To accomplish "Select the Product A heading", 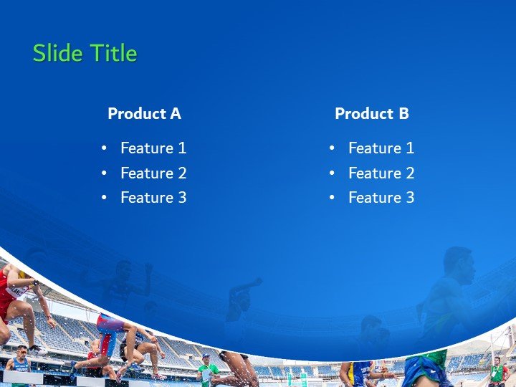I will [x=144, y=113].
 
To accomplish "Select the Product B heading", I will [x=371, y=113].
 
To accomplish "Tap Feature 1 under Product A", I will [x=153, y=148].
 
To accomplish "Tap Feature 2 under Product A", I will [x=153, y=173].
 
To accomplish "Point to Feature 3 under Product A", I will [x=153, y=198].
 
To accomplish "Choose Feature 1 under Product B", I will [x=381, y=148].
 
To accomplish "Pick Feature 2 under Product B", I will [x=381, y=173].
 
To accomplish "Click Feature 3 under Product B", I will [x=381, y=198].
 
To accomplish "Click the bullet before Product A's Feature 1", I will [x=105, y=148].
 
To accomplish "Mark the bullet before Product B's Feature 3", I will [x=333, y=198].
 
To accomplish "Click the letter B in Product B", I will [x=403, y=113].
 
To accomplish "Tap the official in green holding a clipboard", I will [x=208, y=371].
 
